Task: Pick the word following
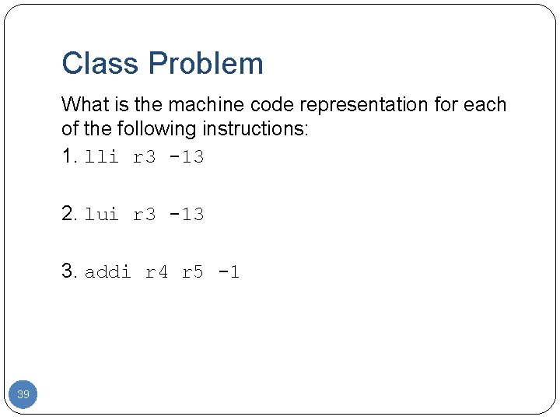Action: pos(155,129)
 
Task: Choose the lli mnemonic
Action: pos(102,157)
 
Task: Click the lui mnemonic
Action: pos(102,215)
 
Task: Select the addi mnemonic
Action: pos(107,272)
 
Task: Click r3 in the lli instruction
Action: pos(144,157)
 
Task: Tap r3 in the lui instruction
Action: pos(144,215)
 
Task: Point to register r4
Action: pos(156,272)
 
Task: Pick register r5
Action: pos(193,272)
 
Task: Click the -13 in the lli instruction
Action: pos(187,157)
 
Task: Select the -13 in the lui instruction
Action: pos(187,215)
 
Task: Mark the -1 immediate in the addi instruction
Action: pos(229,272)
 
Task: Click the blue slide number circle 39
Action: pos(23,395)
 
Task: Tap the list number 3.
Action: pos(69,271)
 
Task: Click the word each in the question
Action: pos(488,104)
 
